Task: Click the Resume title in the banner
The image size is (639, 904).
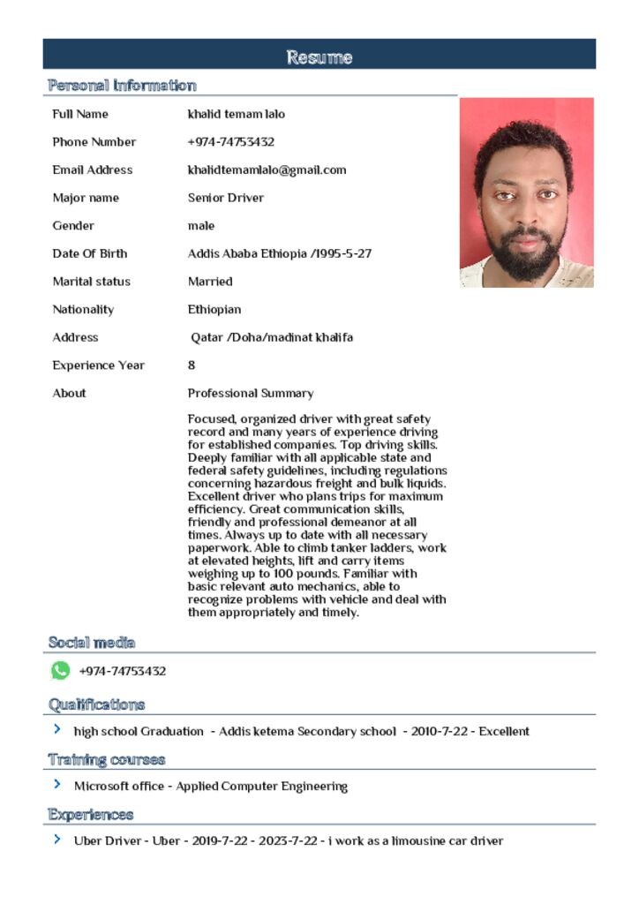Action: (x=319, y=57)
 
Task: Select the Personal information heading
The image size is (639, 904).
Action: (x=122, y=86)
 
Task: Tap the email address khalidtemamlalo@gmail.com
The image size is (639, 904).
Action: (x=267, y=169)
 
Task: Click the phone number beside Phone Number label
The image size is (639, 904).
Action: (x=230, y=141)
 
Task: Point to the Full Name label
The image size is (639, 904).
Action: (x=80, y=114)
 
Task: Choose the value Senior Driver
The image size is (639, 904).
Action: (x=225, y=198)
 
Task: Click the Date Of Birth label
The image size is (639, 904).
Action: (x=89, y=253)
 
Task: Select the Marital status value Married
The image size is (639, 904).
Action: (x=210, y=282)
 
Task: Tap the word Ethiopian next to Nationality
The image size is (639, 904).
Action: (x=214, y=310)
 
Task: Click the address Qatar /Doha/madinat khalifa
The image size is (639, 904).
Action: (x=272, y=337)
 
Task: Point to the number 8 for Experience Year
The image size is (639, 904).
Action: (x=192, y=365)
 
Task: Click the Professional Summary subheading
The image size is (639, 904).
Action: (x=250, y=393)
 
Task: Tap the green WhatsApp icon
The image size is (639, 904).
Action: (x=60, y=671)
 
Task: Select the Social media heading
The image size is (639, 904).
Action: (x=92, y=643)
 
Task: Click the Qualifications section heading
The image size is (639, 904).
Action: (x=96, y=704)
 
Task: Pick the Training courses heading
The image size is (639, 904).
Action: (x=107, y=759)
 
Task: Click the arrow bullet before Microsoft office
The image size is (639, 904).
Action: (x=57, y=785)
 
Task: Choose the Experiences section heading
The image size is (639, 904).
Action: (x=91, y=814)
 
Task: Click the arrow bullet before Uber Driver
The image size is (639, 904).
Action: (x=57, y=840)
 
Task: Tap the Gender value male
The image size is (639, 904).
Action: (x=200, y=226)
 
